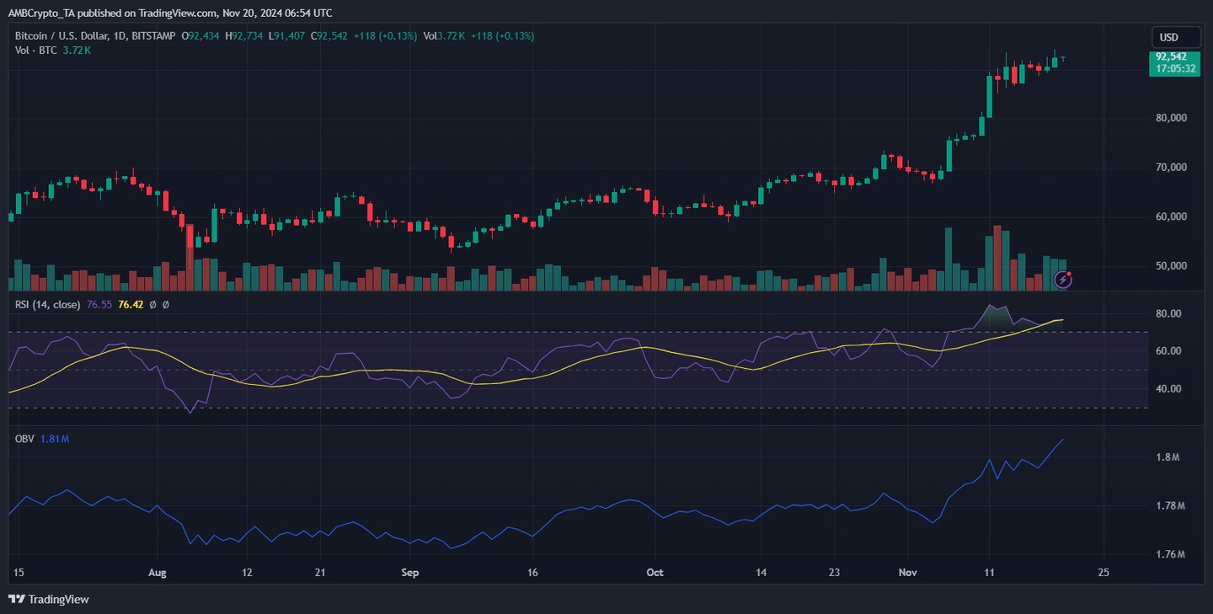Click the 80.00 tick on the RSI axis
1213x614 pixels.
(x=1169, y=313)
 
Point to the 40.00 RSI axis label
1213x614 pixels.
(x=1169, y=389)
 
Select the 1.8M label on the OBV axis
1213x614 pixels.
(x=1167, y=457)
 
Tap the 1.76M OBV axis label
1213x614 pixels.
(x=1170, y=555)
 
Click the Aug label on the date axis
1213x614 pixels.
(x=158, y=573)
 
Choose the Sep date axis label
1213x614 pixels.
(x=409, y=573)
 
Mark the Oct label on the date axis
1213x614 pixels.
(x=655, y=573)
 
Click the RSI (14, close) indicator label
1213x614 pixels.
(x=48, y=304)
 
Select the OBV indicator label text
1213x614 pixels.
(x=24, y=439)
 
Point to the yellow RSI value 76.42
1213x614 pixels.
(x=130, y=304)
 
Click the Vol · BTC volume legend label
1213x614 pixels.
(x=36, y=51)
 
